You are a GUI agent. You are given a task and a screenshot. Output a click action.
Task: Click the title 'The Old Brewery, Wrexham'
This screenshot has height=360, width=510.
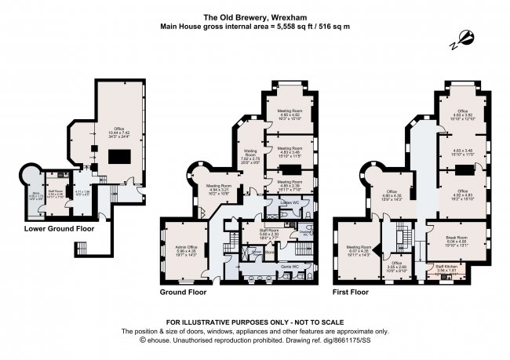[254, 16]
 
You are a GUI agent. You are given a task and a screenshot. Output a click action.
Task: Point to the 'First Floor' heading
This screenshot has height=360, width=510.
[350, 292]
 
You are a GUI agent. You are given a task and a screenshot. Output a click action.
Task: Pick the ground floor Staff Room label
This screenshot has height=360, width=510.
[270, 232]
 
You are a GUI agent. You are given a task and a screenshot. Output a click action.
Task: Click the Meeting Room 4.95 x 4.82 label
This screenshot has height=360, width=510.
[292, 115]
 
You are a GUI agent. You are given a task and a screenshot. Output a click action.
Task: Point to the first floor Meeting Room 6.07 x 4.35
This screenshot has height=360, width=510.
[358, 251]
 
